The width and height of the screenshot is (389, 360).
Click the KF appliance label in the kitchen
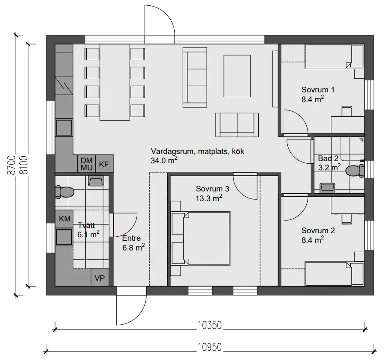[x=104, y=164]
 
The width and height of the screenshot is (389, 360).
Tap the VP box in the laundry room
[x=100, y=278]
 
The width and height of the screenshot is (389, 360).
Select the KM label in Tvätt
[x=65, y=219]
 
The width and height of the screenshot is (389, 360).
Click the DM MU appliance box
[x=87, y=164]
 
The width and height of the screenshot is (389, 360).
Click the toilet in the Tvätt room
[x=64, y=192]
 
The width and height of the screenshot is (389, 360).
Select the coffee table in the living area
[x=237, y=76]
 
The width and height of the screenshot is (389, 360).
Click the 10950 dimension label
[x=209, y=347]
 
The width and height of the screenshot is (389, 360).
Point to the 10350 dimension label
[x=209, y=325]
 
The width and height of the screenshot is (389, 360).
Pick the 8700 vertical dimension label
[x=11, y=165]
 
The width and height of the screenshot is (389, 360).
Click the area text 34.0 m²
[x=164, y=160]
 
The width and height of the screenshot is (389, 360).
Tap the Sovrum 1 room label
[x=318, y=90]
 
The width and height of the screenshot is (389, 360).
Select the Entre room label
[x=131, y=238]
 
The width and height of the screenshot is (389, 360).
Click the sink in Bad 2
[x=327, y=188]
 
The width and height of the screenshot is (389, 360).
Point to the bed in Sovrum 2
[x=334, y=273]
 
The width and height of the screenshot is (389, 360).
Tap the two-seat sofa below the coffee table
[x=237, y=125]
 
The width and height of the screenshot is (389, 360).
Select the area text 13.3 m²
[x=209, y=198]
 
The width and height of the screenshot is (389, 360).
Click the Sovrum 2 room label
[x=318, y=231]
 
